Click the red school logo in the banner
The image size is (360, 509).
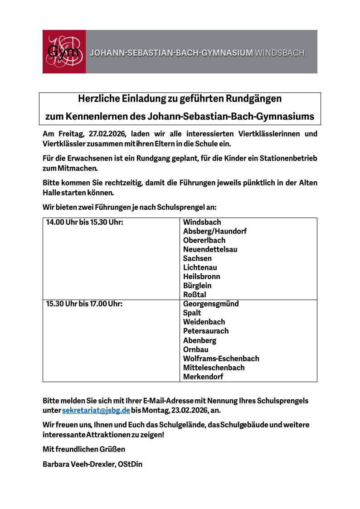[x=64, y=52]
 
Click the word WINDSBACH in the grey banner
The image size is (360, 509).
[x=279, y=53]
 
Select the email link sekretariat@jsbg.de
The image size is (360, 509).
[x=96, y=410]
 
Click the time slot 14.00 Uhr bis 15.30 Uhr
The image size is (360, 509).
[x=85, y=222]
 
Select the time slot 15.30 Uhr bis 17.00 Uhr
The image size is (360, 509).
[x=84, y=304]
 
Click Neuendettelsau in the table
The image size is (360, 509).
[x=210, y=249]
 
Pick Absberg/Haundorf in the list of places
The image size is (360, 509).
[x=215, y=231]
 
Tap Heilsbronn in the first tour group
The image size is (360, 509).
[x=202, y=276]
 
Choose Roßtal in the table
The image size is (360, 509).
[x=195, y=295]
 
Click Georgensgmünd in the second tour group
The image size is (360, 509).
[x=211, y=304]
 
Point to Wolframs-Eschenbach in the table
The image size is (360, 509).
[x=221, y=359]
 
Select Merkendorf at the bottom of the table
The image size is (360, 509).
[x=203, y=377]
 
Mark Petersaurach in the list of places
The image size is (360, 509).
[x=206, y=331]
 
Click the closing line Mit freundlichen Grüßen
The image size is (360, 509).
[x=84, y=449]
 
